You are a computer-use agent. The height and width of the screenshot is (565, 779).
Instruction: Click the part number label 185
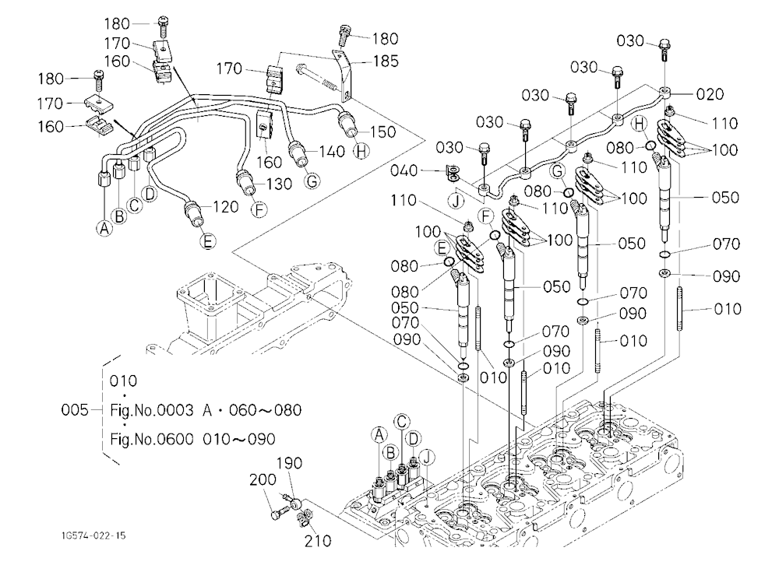(386, 61)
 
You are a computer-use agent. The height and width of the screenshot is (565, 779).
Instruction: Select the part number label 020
(710, 94)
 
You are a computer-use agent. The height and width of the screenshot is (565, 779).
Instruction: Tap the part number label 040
(404, 170)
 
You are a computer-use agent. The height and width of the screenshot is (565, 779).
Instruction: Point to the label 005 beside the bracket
(75, 410)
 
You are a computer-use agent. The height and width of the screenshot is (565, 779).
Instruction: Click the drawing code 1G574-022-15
(93, 535)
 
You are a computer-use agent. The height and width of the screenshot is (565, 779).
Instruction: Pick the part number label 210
(318, 541)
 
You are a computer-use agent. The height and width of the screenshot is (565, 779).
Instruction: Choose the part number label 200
(263, 479)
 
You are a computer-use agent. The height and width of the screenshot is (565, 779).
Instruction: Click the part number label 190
(289, 463)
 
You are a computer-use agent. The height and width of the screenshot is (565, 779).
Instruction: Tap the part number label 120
(226, 206)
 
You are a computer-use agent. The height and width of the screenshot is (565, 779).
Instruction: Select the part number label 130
(279, 184)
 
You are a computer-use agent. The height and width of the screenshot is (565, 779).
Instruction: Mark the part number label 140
(332, 152)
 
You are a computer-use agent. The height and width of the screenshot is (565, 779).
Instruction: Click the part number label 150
(382, 132)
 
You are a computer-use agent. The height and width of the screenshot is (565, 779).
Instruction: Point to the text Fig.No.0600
(152, 440)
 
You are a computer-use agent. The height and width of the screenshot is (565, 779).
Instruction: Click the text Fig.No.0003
(152, 410)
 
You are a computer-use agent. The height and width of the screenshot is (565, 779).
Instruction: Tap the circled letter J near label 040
(455, 201)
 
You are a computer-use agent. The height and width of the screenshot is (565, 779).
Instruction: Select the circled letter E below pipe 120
(208, 241)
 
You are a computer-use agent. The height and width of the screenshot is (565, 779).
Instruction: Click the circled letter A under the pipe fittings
(104, 228)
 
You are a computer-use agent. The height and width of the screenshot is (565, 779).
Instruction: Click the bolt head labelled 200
(275, 514)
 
